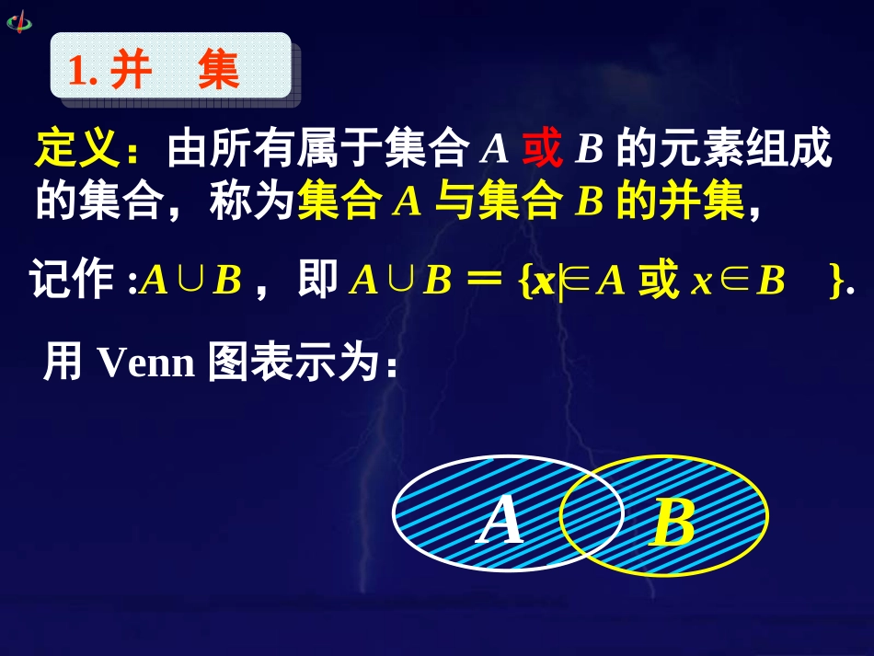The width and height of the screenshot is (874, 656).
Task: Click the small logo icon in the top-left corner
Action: pos(18,20)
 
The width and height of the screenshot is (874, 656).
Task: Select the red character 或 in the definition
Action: pos(542,149)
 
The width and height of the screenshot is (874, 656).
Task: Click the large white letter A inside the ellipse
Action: pos(502,519)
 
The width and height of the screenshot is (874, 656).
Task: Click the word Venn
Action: pos(145,363)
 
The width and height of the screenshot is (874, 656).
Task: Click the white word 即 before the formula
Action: pos(318,282)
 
